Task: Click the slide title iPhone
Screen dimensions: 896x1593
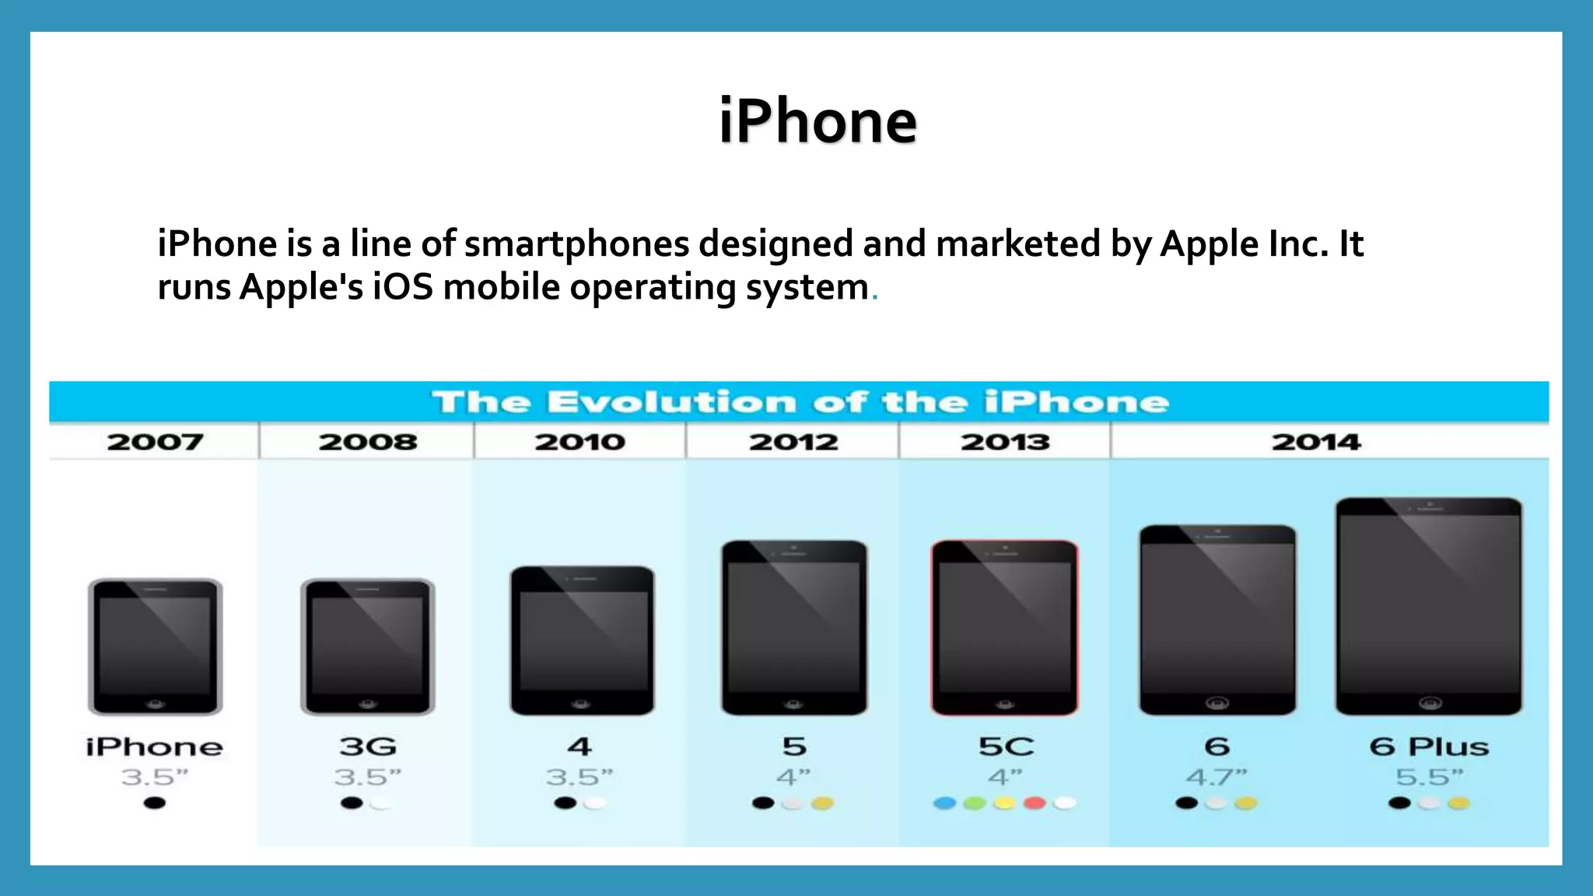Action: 818,121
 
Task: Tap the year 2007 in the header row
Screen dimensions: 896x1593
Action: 155,442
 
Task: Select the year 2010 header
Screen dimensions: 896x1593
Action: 579,442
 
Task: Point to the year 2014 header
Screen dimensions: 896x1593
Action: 1316,442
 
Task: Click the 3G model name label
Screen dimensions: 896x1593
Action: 368,747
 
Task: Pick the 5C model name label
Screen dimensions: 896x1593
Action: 1006,747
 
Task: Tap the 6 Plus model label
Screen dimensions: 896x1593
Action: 1429,747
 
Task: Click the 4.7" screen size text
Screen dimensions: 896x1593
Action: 1217,776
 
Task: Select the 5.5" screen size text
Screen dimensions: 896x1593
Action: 1429,776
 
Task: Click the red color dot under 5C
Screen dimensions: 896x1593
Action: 1035,803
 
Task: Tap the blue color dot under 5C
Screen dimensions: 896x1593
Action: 944,803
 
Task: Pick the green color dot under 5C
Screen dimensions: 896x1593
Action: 975,803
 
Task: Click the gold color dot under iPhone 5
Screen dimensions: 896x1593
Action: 823,803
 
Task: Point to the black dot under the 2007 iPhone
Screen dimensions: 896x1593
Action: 155,803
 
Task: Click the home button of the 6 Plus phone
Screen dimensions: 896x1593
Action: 1430,703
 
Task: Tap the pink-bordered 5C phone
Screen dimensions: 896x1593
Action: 1005,627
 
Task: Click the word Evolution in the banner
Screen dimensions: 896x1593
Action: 672,402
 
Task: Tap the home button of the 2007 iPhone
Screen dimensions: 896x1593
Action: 156,703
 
